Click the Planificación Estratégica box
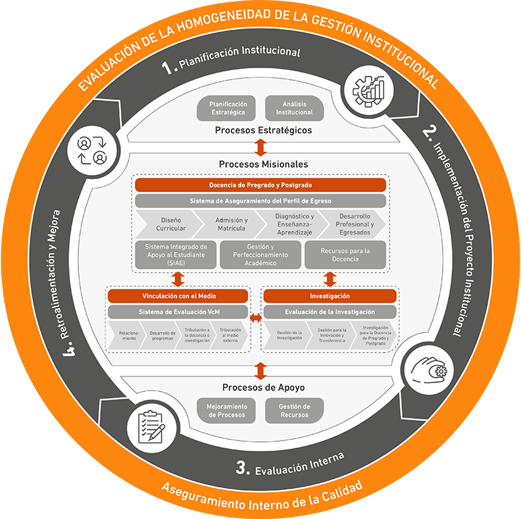coord(228,108)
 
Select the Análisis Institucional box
coord(294,108)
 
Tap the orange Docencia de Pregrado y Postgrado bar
coord(260,184)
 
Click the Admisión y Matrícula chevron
coord(230,224)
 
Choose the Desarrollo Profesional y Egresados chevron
coord(354,224)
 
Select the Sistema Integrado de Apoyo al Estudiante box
coord(175,255)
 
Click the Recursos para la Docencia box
coord(345,255)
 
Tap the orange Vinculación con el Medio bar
coord(179,296)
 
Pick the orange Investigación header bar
coord(330,296)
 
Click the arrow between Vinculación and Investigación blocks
coord(256,317)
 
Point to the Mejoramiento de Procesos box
coord(227,410)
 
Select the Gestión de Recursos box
coord(294,410)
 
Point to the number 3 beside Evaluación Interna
coord(243,467)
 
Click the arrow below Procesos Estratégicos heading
coord(260,147)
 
